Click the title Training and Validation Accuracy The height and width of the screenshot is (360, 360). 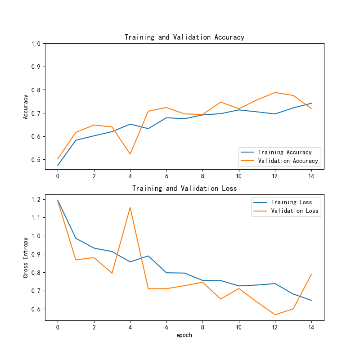point(184,37)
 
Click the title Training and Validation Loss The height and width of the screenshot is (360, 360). point(184,189)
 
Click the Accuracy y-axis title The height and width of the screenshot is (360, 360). point(26,106)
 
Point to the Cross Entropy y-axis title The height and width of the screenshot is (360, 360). point(26,257)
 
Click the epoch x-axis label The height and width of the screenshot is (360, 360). point(184,335)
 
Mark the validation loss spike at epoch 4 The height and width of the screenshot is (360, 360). point(130,207)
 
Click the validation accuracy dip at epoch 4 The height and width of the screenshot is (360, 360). point(130,154)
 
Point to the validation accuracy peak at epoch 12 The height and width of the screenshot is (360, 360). point(275,92)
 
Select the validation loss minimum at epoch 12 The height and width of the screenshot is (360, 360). point(275,315)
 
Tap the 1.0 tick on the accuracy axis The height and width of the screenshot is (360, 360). point(36,44)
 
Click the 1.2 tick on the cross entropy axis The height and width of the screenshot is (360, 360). point(36,199)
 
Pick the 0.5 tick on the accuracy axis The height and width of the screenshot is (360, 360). point(36,160)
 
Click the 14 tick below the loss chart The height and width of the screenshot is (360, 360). point(311,327)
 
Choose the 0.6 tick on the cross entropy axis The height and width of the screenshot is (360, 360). point(36,309)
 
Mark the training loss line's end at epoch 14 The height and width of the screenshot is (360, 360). point(311,300)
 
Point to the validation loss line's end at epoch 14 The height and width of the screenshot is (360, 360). point(311,274)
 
